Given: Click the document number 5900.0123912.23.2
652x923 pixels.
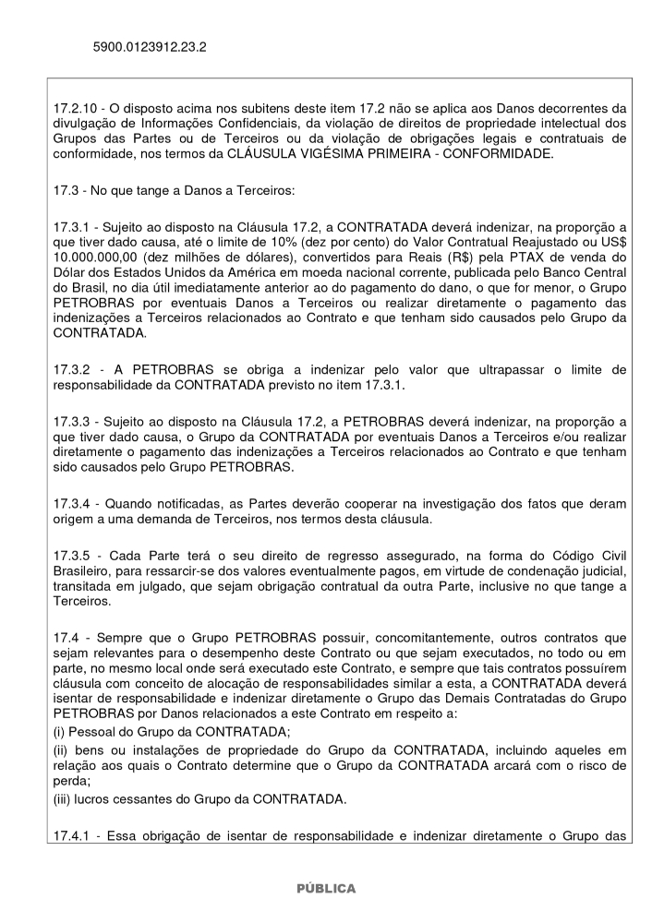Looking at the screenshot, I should tap(149, 45).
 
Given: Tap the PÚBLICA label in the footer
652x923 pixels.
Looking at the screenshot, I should tap(325, 888).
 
